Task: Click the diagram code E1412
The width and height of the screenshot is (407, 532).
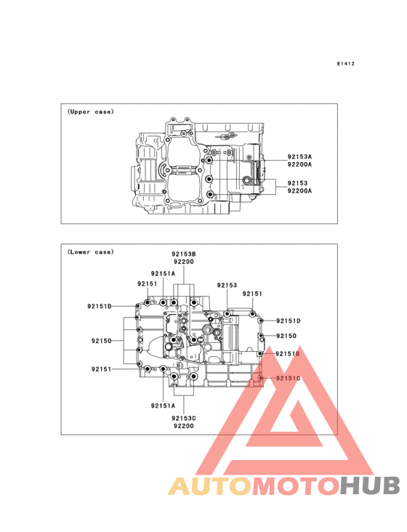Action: point(346,63)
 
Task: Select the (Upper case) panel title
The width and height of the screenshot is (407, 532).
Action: point(91,112)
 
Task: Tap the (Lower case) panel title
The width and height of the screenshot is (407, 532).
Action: point(91,251)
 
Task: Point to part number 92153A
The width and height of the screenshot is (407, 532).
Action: point(299,157)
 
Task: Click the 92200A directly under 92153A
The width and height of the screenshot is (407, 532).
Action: point(299,164)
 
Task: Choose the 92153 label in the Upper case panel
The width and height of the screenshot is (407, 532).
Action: point(297,183)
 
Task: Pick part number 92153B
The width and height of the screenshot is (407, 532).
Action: point(183,254)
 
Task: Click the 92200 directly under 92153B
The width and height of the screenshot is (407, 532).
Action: point(183,262)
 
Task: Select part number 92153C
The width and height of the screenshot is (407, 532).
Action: point(183,419)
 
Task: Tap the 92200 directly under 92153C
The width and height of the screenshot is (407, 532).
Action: point(183,426)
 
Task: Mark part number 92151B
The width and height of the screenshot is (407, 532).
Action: point(288,354)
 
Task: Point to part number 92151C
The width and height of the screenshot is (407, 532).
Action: point(288,379)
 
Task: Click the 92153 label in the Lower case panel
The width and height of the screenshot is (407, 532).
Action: point(227,286)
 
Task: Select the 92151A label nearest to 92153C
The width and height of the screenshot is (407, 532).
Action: point(163,406)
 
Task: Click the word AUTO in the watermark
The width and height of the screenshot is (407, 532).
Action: point(209,486)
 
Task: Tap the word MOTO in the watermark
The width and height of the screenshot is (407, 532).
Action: point(296,486)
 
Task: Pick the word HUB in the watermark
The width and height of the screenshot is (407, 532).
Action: point(370,486)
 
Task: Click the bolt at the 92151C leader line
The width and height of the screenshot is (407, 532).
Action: point(260,378)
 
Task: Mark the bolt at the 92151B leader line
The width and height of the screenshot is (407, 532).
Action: point(260,354)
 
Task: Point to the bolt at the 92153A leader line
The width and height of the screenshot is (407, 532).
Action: point(209,160)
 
